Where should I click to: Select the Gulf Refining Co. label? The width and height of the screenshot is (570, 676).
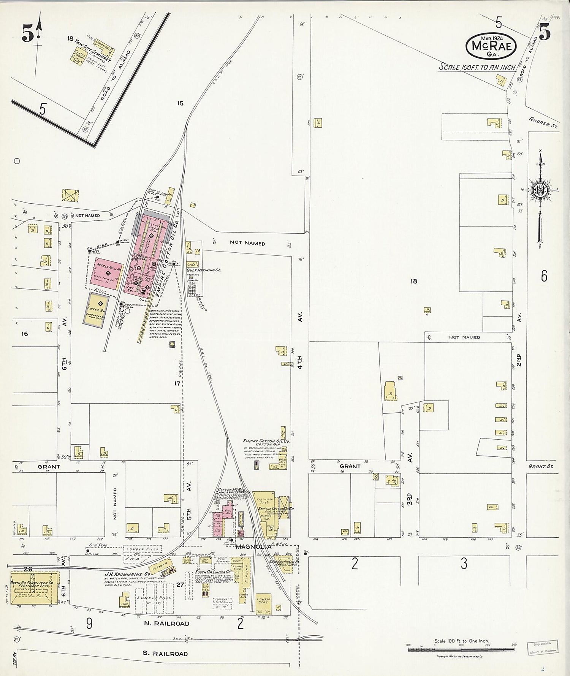click(204, 270)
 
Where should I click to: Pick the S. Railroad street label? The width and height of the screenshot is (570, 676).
click(165, 654)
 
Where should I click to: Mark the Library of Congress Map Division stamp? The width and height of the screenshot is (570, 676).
click(542, 646)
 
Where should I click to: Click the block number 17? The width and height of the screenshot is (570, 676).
click(177, 383)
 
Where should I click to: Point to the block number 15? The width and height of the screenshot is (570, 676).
click(180, 103)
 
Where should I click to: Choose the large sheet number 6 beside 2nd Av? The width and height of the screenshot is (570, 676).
click(544, 276)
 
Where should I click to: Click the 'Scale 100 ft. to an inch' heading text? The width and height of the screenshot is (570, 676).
click(477, 67)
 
